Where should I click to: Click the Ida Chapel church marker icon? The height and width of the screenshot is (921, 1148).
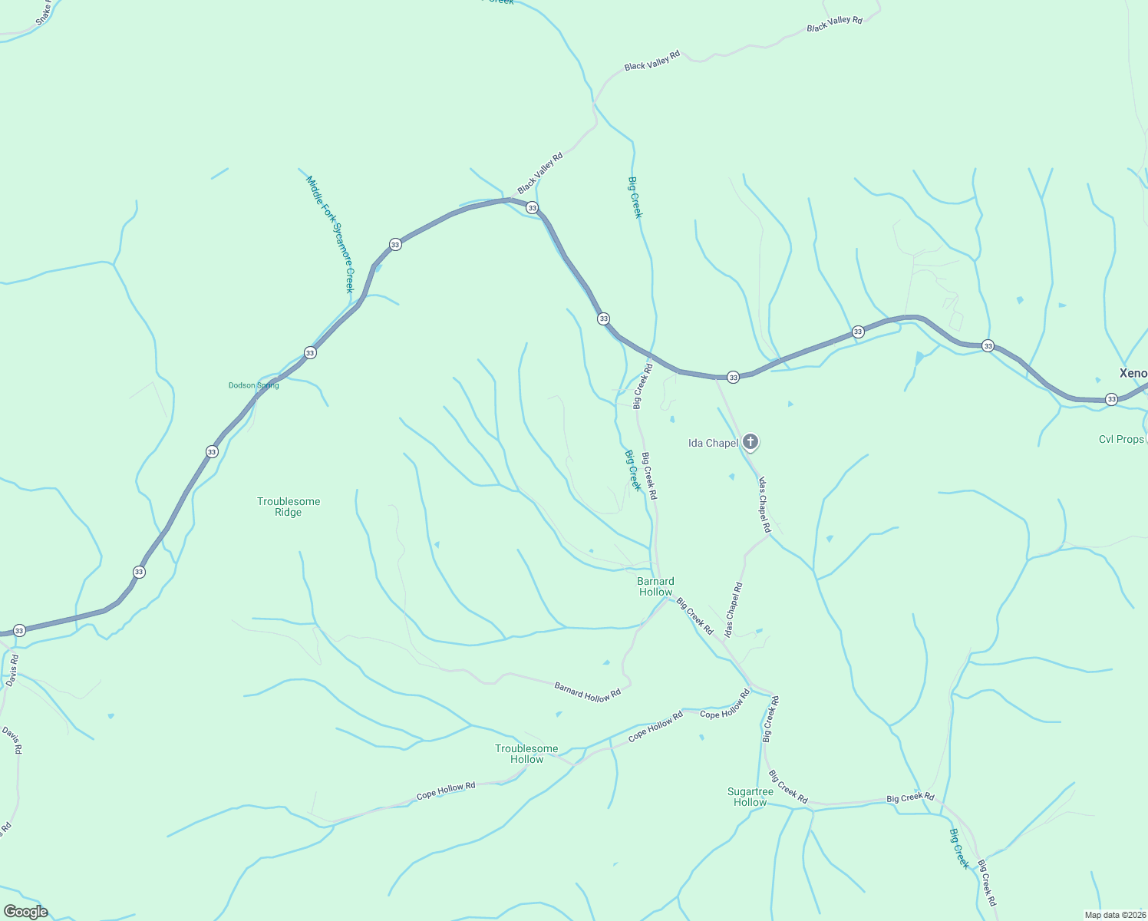[x=750, y=441]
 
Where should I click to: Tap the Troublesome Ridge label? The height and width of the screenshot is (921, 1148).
[x=289, y=507]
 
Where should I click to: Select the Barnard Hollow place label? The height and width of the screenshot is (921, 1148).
[x=655, y=586]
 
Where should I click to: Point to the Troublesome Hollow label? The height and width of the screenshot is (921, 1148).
[x=526, y=754]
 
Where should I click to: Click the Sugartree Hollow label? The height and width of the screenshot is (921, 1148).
[x=750, y=797]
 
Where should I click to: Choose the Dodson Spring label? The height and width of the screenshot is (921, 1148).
[x=254, y=385]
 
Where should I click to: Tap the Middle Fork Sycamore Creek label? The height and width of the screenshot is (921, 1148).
[x=330, y=233]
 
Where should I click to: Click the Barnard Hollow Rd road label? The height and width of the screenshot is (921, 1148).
[x=587, y=691]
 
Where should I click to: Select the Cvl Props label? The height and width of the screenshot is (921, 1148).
[x=1121, y=440]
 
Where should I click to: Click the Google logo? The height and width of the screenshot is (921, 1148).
[x=26, y=912]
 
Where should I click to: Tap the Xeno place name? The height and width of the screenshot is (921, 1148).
[x=1133, y=374]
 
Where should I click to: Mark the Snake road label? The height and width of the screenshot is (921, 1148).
[x=45, y=12]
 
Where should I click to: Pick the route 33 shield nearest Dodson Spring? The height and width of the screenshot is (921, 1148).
[x=310, y=353]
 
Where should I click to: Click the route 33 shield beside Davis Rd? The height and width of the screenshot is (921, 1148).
[x=20, y=631]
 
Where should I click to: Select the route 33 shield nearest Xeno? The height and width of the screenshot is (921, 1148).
[x=1111, y=399]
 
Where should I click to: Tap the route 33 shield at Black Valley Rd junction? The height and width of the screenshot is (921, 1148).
[x=532, y=208]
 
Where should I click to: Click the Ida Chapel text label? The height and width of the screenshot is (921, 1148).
[x=713, y=443]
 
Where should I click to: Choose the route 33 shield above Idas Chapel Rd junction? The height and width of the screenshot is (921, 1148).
[x=733, y=378]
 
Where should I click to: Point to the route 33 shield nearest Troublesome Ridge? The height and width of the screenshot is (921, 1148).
[x=212, y=451]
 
